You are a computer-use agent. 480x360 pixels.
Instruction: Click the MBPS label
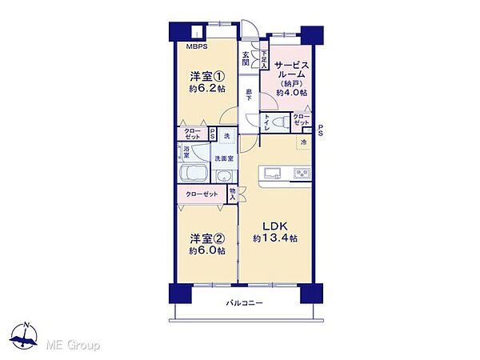(x=197, y=47)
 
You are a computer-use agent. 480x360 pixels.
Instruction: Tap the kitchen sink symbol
(x=270, y=172)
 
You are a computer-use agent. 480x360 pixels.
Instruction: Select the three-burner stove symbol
(x=301, y=172)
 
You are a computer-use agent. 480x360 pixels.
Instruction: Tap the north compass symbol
(x=26, y=339)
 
